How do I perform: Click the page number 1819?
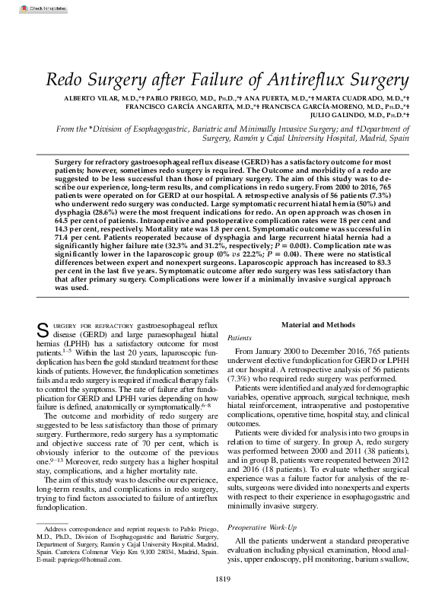222,581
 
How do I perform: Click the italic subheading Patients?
240,336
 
